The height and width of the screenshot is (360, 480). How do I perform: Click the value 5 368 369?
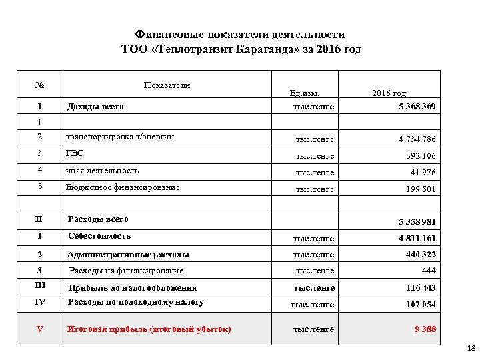(413, 106)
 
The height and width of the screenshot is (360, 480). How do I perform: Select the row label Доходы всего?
(94, 106)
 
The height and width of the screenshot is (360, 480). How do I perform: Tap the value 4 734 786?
(417, 139)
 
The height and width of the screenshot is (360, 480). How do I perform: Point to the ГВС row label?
(74, 153)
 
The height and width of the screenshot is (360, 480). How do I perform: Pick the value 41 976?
(423, 173)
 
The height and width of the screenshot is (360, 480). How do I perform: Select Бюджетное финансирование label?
(123, 187)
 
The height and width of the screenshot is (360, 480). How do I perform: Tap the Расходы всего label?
(99, 219)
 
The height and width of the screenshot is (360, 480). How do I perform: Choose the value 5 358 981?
(417, 223)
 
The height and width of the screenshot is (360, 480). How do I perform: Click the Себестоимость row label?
(100, 236)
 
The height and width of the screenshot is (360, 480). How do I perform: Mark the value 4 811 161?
(417, 239)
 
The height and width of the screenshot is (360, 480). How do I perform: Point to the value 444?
(429, 271)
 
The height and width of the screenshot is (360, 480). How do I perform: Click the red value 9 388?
(425, 329)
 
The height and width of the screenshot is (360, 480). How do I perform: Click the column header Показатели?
(167, 85)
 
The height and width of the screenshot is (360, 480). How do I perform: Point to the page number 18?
(471, 348)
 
